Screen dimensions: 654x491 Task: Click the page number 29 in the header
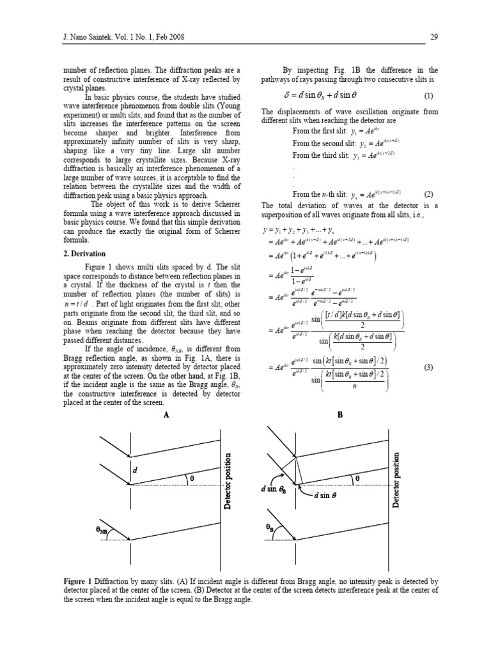click(x=434, y=37)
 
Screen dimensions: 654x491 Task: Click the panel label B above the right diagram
click(x=340, y=414)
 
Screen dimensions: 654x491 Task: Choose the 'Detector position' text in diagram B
click(x=396, y=480)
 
